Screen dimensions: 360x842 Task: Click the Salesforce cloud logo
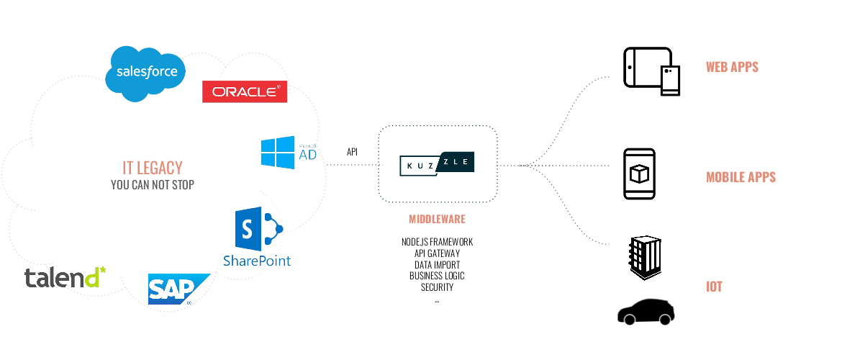[x=146, y=73]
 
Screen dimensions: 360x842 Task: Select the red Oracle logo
[x=245, y=91]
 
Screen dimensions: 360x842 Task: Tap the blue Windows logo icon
[x=278, y=153]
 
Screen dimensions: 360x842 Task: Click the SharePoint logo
[x=257, y=237]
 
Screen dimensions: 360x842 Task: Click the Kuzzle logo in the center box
[x=438, y=164]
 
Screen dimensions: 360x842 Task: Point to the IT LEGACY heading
[x=153, y=168]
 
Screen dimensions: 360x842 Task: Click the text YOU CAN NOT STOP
[x=153, y=185]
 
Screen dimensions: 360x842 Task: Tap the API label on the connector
[x=353, y=153]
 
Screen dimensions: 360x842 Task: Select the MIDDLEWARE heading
[x=437, y=219]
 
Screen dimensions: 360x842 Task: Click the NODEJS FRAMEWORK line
[x=437, y=242]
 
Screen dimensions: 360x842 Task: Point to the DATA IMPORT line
[x=437, y=264]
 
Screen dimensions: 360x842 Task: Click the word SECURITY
[x=437, y=287]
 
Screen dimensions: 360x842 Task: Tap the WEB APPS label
[x=732, y=68]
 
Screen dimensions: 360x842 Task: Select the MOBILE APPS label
[x=741, y=177]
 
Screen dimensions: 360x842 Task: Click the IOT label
[x=714, y=287]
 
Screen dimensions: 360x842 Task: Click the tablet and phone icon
[x=651, y=71]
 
